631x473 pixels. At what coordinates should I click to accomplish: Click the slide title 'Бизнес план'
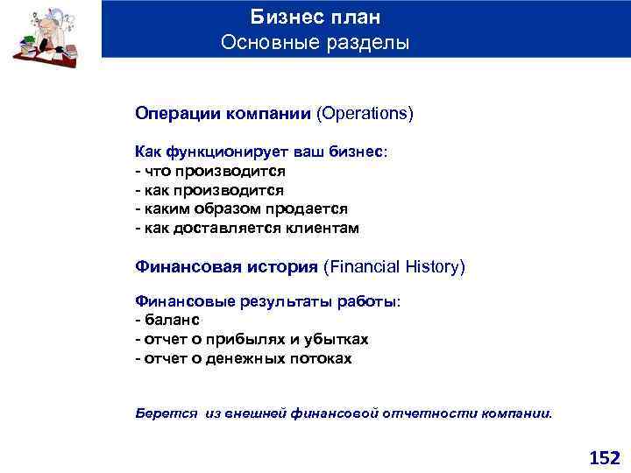coord(315,17)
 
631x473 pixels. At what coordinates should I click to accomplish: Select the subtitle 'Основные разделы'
coord(315,42)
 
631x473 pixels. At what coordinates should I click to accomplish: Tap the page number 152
coord(604,457)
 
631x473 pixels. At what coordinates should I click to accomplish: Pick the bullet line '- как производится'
coord(209,189)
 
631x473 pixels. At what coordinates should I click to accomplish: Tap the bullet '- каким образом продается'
coord(241,208)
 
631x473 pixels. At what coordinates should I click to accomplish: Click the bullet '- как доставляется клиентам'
coord(247,228)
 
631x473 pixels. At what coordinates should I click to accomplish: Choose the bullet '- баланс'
coord(167,320)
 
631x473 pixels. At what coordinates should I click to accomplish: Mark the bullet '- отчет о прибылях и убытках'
coord(252,339)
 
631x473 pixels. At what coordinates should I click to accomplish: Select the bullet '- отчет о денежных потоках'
coord(243,358)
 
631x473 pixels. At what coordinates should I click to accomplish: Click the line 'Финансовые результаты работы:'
coord(267,301)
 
